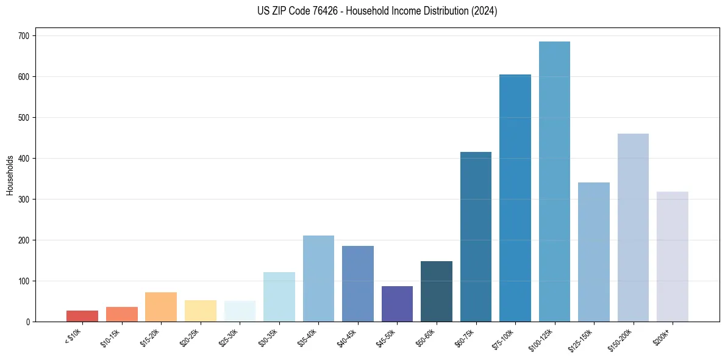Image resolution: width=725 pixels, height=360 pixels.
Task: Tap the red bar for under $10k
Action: pyautogui.click(x=82, y=316)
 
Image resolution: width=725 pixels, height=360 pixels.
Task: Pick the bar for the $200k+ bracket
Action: pyautogui.click(x=673, y=257)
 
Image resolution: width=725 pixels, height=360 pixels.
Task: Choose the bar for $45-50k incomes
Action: pyautogui.click(x=397, y=304)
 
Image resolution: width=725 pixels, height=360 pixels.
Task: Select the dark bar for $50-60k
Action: pyautogui.click(x=437, y=292)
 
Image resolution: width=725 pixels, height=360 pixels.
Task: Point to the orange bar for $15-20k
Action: pyautogui.click(x=161, y=307)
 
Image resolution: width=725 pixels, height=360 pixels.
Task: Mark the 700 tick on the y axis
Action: pyautogui.click(x=26, y=36)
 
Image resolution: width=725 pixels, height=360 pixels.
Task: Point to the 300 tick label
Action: pyautogui.click(x=26, y=200)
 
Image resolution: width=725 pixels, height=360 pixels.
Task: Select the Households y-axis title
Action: pyautogui.click(x=10, y=175)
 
